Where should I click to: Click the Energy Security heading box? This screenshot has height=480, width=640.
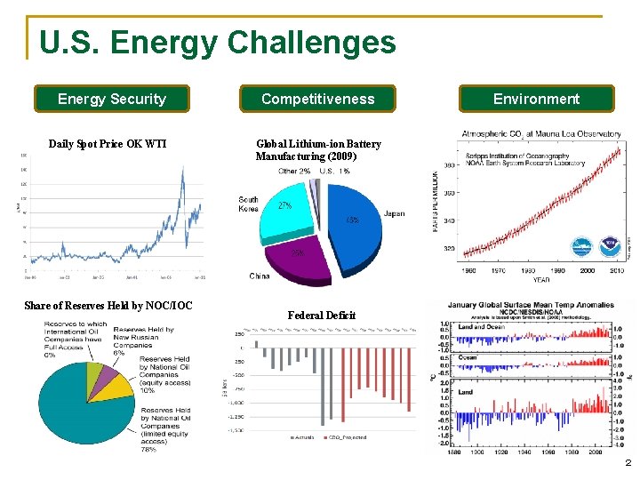tap(112, 99)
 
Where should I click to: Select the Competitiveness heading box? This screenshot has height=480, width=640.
tap(317, 99)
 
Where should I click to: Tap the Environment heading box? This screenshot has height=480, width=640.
tap(536, 99)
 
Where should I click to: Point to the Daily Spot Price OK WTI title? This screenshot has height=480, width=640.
tap(108, 144)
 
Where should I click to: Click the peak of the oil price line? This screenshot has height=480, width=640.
tap(182, 169)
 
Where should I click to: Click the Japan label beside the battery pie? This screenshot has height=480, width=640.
tap(394, 214)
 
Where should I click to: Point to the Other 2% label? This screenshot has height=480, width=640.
tap(294, 171)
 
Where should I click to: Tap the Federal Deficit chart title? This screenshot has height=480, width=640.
tap(322, 316)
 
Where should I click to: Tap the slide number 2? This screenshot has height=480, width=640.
tap(628, 463)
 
